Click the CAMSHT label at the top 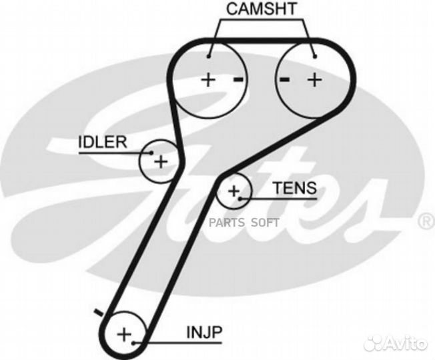261,9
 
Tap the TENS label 294,188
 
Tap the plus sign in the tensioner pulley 234,193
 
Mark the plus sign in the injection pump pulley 124,333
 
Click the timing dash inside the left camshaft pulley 237,80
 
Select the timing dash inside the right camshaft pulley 285,80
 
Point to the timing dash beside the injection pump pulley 98,312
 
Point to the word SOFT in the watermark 266,223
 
